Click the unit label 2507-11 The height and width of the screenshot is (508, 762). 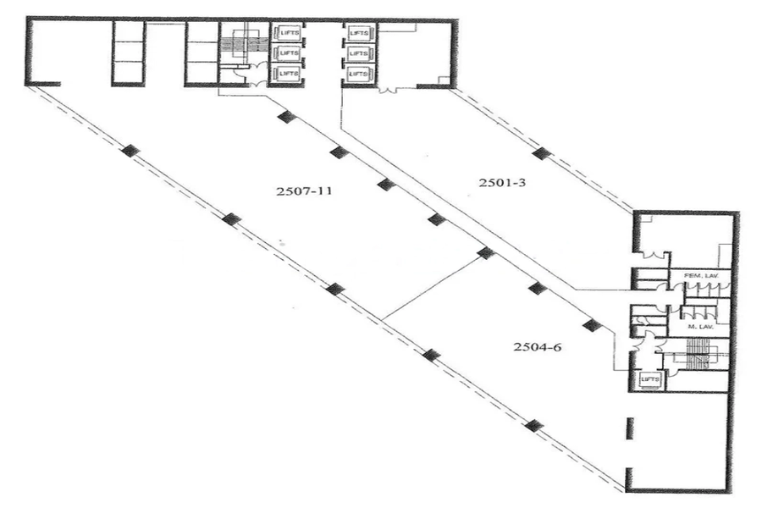pyautogui.click(x=303, y=191)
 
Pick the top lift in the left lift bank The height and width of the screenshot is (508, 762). pyautogui.click(x=286, y=33)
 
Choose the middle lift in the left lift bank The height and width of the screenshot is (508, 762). pyautogui.click(x=286, y=53)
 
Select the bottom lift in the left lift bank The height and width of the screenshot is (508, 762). pyautogui.click(x=286, y=75)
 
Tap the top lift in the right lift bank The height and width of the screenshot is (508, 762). pyautogui.click(x=359, y=33)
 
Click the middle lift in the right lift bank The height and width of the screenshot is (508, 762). pyautogui.click(x=359, y=53)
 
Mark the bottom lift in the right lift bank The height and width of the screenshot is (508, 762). pyautogui.click(x=359, y=75)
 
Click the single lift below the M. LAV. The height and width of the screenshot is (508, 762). pyautogui.click(x=650, y=380)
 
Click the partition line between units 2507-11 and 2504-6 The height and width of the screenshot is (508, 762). pyautogui.click(x=433, y=288)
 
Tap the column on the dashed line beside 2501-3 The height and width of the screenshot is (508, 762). pyautogui.click(x=542, y=153)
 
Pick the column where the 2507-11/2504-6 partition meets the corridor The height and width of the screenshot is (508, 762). pyautogui.click(x=485, y=252)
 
